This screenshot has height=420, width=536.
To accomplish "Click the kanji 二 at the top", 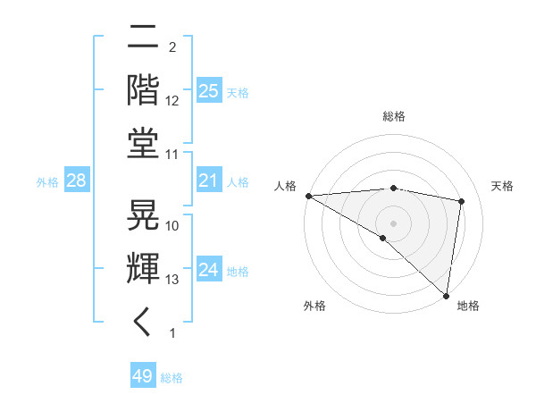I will [x=144, y=39].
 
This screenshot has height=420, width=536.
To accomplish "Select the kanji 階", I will [x=144, y=90].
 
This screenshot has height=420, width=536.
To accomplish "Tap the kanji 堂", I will [x=144, y=143].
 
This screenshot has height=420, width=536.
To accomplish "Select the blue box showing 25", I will [x=208, y=91].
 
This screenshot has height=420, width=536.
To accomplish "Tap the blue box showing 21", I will [x=208, y=181].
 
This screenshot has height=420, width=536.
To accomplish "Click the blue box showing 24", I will [x=208, y=270].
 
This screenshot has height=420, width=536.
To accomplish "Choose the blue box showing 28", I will [x=76, y=181].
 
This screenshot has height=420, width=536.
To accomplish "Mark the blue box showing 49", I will [x=142, y=376].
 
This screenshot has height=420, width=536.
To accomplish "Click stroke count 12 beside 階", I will [x=172, y=101].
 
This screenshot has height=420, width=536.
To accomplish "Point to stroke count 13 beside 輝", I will [x=172, y=279].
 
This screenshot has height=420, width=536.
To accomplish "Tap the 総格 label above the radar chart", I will [x=393, y=116].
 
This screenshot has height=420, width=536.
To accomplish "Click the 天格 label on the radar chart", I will [x=502, y=186].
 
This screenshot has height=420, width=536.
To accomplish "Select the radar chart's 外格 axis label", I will [x=314, y=306].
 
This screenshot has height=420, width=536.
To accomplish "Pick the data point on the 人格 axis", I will [x=308, y=196].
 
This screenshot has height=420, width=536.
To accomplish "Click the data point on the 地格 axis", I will [x=445, y=294].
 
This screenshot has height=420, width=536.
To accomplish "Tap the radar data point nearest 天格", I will [x=461, y=201].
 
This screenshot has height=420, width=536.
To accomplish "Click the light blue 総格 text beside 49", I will [x=172, y=378].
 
